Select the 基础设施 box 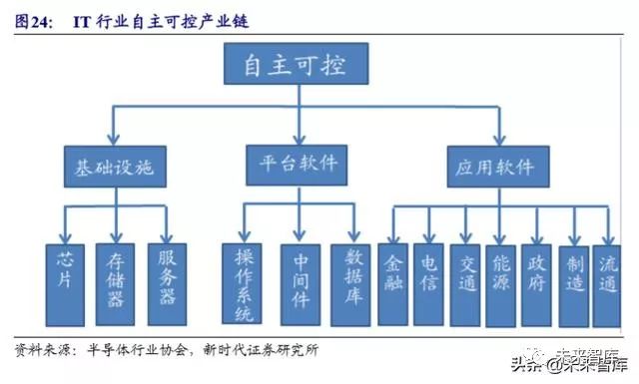[115, 162]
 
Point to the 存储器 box [115, 282]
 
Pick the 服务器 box [166, 282]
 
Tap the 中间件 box [300, 282]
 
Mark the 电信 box [427, 282]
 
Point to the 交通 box [464, 282]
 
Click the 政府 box [536, 282]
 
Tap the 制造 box [572, 282]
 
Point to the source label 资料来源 [40, 350]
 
